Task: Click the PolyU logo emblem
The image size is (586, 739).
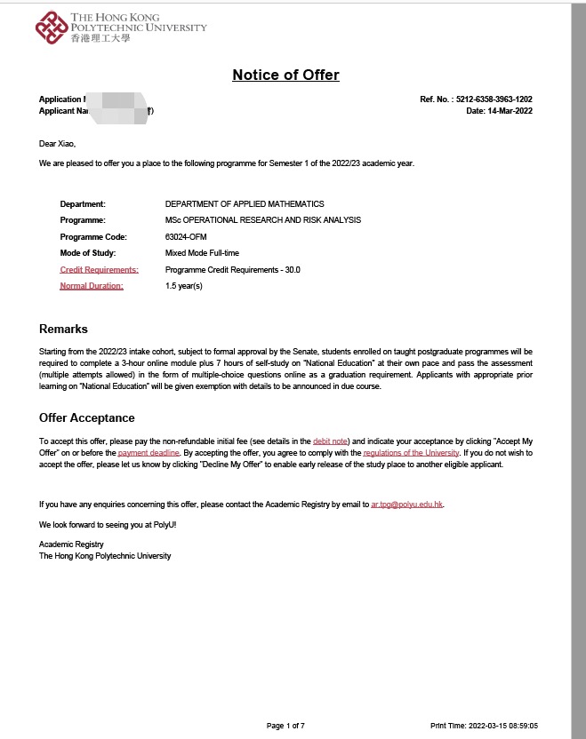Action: point(51,28)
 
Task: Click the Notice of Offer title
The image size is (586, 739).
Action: point(285,75)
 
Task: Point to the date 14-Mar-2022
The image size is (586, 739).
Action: point(510,111)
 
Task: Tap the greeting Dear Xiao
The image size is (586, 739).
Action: point(58,143)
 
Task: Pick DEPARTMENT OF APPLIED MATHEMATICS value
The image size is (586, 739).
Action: point(245,204)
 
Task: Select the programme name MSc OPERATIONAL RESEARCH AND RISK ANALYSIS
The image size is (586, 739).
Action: point(263,220)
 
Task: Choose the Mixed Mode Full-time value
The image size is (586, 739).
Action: point(202,253)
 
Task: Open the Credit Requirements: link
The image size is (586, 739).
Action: point(99,269)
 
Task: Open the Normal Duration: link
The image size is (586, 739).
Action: point(92,286)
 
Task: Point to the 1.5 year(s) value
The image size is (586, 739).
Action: point(184,286)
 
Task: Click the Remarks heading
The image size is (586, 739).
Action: point(63,330)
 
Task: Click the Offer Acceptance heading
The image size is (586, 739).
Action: point(87,418)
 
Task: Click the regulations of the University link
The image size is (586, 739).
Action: point(411,453)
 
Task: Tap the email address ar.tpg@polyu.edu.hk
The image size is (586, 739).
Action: point(406,505)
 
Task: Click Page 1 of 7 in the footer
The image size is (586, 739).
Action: point(285,726)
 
